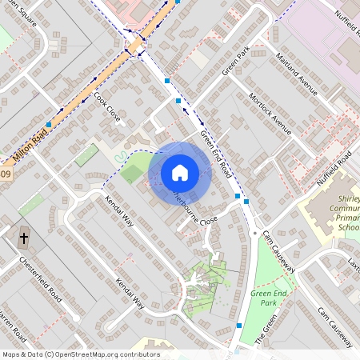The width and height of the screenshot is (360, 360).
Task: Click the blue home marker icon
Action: click(180, 172)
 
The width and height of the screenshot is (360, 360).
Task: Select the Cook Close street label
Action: click(108, 106)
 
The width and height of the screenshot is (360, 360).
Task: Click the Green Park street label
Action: click(237, 62)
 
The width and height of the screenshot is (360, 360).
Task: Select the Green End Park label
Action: click(269, 299)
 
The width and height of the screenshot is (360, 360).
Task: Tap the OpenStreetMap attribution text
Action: click(81, 354)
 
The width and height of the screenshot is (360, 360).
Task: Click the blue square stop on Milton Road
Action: click(50, 125)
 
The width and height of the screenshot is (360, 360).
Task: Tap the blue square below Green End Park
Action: click(239, 326)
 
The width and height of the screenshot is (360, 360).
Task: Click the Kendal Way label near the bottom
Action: click(130, 294)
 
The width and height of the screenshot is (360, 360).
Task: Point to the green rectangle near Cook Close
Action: click(86, 155)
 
